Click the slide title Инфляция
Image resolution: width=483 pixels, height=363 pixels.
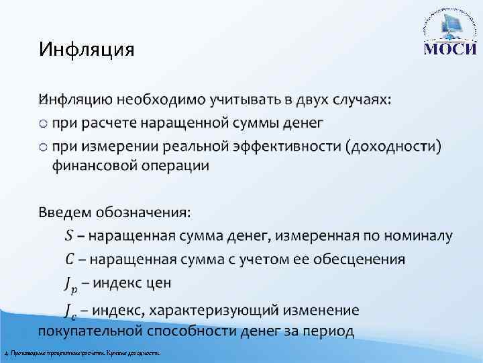[x=87, y=50]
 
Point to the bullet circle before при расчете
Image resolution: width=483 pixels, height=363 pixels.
[x=44, y=123]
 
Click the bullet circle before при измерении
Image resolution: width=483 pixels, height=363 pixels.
[x=44, y=147]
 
